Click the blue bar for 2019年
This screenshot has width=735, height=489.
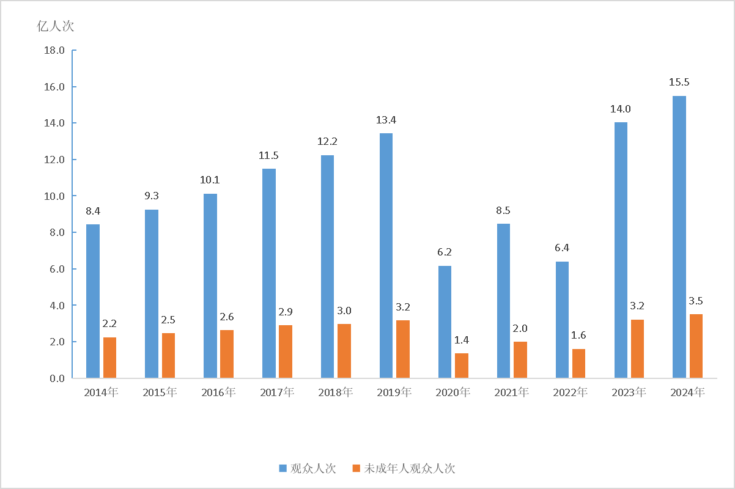tap(386, 256)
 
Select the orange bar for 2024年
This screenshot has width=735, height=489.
tap(696, 346)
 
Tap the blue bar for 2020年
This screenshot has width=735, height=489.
tap(445, 322)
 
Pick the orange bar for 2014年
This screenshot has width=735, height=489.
tap(109, 358)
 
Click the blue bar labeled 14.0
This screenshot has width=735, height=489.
tap(621, 250)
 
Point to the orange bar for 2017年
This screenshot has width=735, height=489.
tap(286, 351)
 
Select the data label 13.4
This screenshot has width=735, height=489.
tap(386, 120)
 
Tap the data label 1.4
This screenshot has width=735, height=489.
tap(462, 340)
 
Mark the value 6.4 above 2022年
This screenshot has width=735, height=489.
tap(562, 248)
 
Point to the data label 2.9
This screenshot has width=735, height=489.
tap(286, 312)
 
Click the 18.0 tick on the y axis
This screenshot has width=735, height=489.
tap(54, 50)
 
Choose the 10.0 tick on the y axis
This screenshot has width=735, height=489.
tap(54, 196)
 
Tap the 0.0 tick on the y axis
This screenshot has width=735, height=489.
tap(57, 378)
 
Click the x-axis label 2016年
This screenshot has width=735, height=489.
tap(218, 392)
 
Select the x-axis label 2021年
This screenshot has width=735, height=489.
tap(511, 392)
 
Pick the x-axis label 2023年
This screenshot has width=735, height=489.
tap(629, 392)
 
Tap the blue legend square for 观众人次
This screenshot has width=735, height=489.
tap(283, 469)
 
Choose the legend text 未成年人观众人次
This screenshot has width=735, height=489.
tap(410, 469)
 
